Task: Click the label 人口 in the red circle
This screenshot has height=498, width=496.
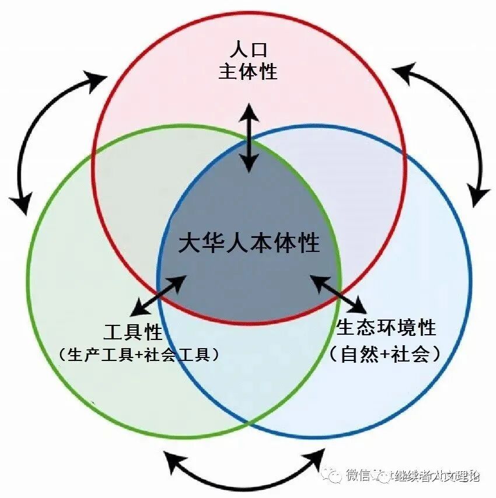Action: click(x=248, y=49)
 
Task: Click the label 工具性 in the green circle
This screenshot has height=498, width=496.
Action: click(x=132, y=334)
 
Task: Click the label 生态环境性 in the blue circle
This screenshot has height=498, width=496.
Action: click(x=386, y=328)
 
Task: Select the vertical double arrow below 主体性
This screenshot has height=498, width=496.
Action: click(x=250, y=138)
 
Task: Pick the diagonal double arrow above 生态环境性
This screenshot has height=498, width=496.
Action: click(x=338, y=294)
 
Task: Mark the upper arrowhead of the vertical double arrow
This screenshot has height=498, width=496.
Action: click(x=250, y=110)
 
